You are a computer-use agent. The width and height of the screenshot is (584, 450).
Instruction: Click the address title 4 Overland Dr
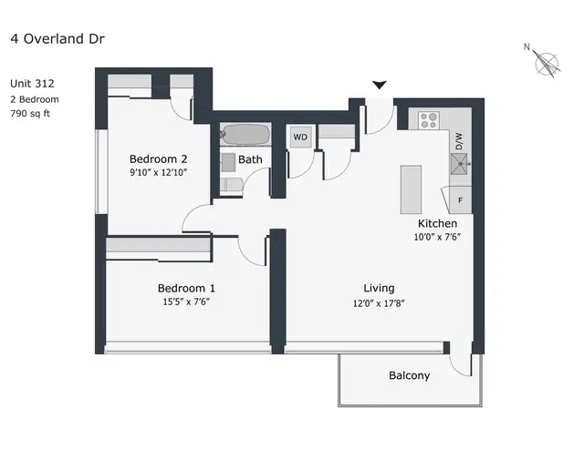pyautogui.click(x=56, y=39)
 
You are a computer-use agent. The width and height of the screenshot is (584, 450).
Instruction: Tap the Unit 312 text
pyautogui.click(x=32, y=83)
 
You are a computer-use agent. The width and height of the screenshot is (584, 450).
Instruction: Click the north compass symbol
pyautogui.click(x=547, y=62)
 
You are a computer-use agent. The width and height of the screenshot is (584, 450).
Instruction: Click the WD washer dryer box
pyautogui.click(x=300, y=138)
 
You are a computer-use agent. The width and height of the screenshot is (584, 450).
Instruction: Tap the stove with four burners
pyautogui.click(x=429, y=119)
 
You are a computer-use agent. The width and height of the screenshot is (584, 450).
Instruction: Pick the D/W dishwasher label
pyautogui.click(x=459, y=140)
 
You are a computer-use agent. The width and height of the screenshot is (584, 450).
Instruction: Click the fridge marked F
pyautogui.click(x=459, y=199)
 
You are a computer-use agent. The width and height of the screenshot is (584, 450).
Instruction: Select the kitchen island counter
pyautogui.click(x=412, y=189)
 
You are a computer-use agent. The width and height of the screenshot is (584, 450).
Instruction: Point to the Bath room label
pyautogui.click(x=250, y=159)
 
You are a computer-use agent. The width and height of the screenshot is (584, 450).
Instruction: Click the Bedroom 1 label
pyautogui.click(x=187, y=283)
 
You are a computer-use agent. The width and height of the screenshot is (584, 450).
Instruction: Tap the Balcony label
pyautogui.click(x=409, y=375)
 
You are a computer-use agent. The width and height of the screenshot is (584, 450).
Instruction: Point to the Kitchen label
pyautogui.click(x=437, y=223)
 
